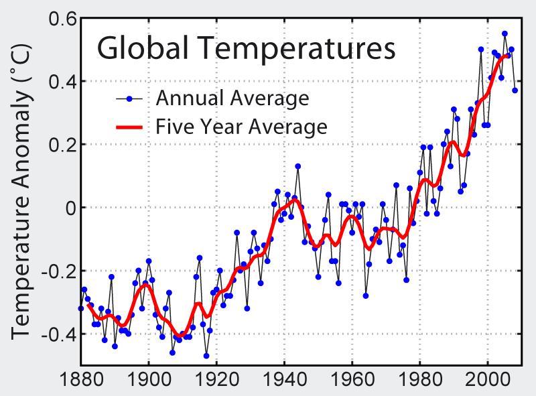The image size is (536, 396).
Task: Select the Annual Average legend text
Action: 232,98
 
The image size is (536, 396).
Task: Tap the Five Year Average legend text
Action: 241,126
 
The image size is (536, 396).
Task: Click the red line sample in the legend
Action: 130,126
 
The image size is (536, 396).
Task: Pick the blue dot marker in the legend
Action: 130,99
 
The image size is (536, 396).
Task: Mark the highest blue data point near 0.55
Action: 505,34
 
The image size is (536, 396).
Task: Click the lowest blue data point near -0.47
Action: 206,356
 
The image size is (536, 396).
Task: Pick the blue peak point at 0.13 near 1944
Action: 297,166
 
